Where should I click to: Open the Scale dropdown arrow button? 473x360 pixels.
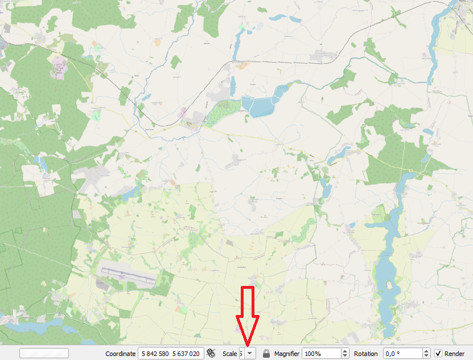point(249,354)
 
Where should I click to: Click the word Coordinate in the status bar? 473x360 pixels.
point(120,354)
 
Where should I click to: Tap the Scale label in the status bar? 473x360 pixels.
point(229,354)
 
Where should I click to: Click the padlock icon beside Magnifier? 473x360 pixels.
point(266,354)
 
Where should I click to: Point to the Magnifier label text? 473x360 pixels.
point(286,354)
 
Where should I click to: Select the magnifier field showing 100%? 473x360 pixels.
point(321,354)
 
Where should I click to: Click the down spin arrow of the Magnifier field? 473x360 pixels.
point(345,357)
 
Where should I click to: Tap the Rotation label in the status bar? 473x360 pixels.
point(365,354)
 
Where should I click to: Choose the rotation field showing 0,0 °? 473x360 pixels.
point(402,354)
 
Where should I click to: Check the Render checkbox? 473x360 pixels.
point(438,354)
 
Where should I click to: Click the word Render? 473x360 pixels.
point(454,354)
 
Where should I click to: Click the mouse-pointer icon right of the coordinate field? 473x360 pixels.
point(212,354)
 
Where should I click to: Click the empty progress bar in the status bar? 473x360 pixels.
point(44,353)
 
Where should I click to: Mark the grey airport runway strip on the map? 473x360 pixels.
point(126,276)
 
